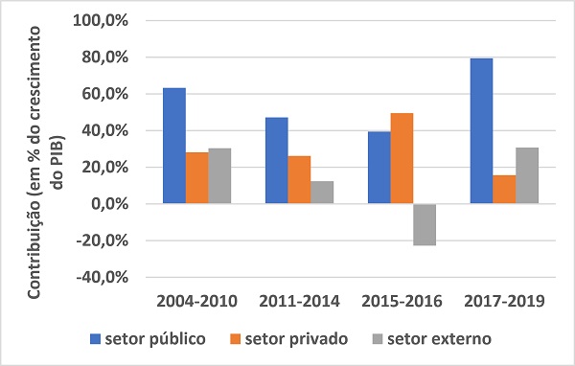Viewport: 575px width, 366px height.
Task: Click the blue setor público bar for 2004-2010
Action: pos(174,146)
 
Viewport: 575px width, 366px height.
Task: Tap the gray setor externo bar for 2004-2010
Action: pos(219,176)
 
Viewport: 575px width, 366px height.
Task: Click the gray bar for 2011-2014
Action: pos(323,193)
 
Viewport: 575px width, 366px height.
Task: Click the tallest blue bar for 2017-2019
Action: pos(483,131)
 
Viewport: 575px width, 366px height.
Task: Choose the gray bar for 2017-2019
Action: pos(528,175)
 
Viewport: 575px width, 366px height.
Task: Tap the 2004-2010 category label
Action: pos(196,302)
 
